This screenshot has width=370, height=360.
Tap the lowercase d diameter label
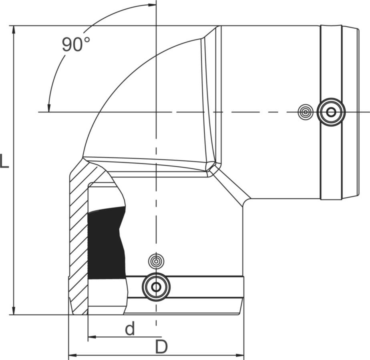(x=129, y=329)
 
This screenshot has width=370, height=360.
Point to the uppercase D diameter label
(x=161, y=347)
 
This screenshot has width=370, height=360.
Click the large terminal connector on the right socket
(x=331, y=112)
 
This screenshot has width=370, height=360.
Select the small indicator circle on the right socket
(x=306, y=112)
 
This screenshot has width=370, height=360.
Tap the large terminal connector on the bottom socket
(x=156, y=287)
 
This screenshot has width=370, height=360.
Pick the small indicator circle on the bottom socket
(x=156, y=261)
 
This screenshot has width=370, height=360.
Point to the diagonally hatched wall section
(x=78, y=240)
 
